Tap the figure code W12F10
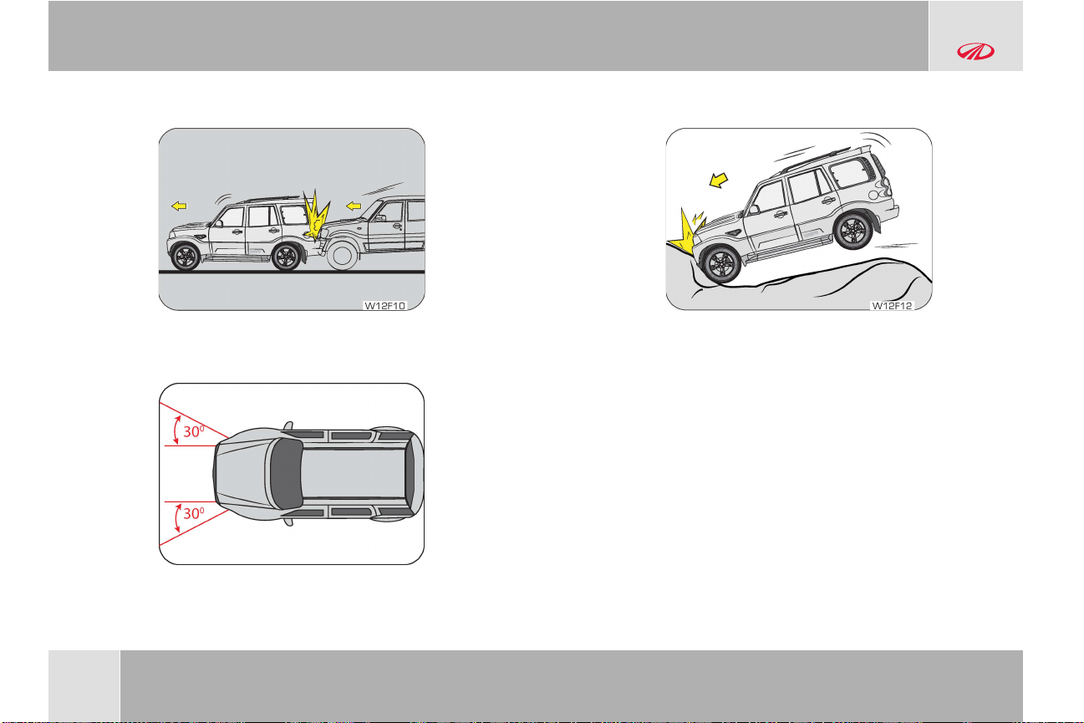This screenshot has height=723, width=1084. pos(384,306)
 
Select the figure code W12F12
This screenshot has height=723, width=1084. pos(892,306)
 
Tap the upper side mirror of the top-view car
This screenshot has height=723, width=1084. pos(289,425)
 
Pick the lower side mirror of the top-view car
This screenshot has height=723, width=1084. pos(289,522)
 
